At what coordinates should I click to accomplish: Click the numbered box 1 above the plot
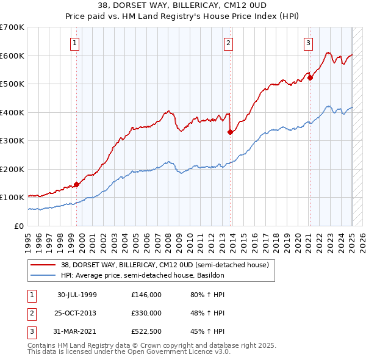tap(74, 43)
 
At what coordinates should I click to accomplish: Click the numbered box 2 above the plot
tap(228, 43)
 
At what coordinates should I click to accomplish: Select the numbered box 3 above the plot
tap(309, 43)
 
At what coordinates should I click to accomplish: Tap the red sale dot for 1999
tap(77, 184)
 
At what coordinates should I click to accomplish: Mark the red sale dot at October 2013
tap(230, 132)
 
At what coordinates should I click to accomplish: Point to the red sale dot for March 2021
tap(310, 77)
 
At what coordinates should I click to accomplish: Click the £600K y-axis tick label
tap(13, 56)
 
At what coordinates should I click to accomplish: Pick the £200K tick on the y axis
tap(13, 169)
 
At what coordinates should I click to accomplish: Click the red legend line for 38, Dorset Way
tap(43, 265)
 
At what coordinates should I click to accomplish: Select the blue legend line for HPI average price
tap(43, 276)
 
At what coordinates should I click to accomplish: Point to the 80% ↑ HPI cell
tap(207, 295)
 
